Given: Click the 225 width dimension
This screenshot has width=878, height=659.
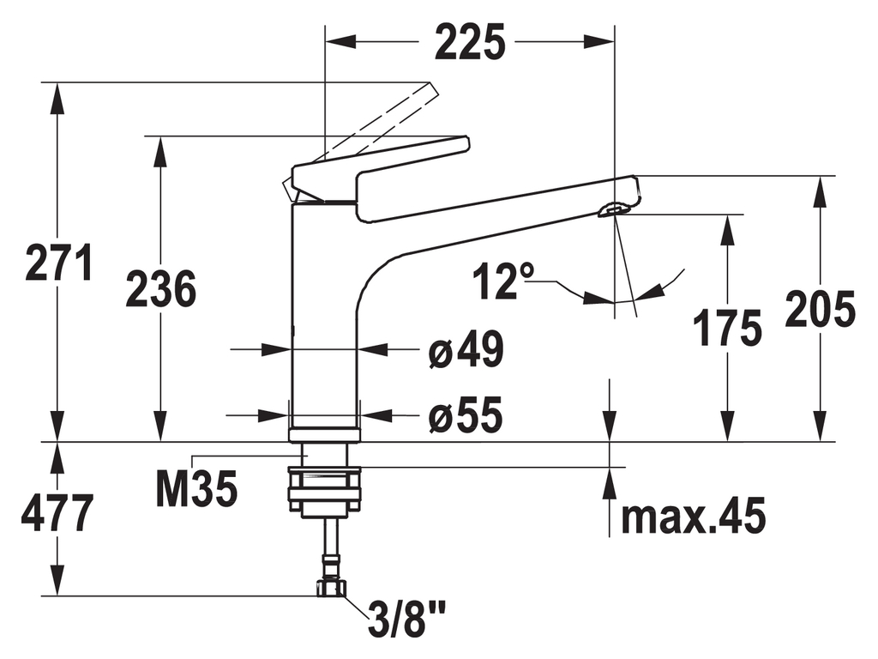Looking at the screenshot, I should [x=470, y=42].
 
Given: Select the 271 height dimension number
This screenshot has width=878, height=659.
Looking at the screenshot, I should [x=58, y=263].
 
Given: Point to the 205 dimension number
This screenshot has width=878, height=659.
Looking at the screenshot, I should [x=821, y=310].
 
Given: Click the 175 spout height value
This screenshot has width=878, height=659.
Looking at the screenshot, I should [x=728, y=328].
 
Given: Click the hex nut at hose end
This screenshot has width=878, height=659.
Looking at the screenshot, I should [x=330, y=588].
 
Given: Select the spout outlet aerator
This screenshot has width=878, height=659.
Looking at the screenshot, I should [x=611, y=209].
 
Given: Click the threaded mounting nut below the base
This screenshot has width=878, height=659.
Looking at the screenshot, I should [x=325, y=493].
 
